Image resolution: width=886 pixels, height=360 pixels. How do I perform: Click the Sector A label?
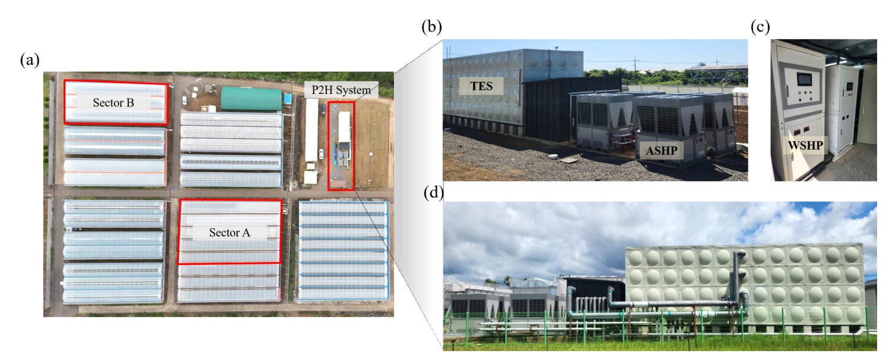[x=229, y=233]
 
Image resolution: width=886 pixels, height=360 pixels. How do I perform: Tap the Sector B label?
[x=113, y=103]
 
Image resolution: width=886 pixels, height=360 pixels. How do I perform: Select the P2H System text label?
[x=341, y=90]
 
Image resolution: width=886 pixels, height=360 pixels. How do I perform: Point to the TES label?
[x=481, y=86]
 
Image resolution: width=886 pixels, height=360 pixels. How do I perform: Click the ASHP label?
[x=661, y=151]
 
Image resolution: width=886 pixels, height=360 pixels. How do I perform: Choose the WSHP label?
[x=805, y=146]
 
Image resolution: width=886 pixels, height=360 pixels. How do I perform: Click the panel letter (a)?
[x=30, y=60]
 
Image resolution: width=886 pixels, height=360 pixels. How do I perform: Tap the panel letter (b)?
[x=431, y=27]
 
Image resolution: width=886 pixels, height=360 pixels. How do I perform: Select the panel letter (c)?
[x=760, y=27]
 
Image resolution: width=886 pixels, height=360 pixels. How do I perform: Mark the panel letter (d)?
[x=434, y=192]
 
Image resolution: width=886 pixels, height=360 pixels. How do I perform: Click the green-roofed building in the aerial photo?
[x=251, y=99]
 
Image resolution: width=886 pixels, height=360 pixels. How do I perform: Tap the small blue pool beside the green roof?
[x=288, y=99]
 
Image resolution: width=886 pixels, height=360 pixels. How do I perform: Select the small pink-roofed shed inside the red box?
[x=338, y=184]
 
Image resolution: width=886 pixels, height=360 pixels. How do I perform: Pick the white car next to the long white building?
[x=321, y=153]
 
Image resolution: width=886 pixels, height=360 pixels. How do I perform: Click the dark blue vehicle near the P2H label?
[x=323, y=109]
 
